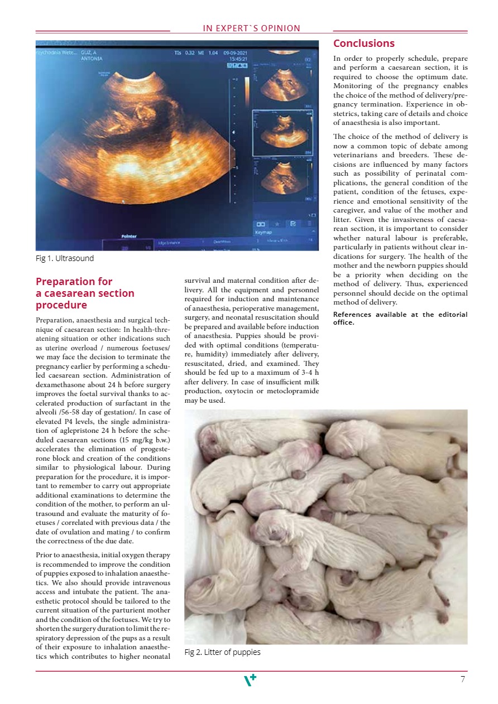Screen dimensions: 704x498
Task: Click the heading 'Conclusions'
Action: pos(363,44)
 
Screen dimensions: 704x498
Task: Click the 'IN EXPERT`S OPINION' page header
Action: pos(251,28)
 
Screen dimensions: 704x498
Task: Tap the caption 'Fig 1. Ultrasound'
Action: pos(65,258)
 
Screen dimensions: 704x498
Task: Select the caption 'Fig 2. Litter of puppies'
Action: pos(222,652)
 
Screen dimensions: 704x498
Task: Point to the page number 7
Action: pos(463,679)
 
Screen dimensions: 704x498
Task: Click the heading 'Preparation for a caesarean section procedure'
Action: pos(85,293)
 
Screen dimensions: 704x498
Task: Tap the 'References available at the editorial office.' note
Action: pos(400,318)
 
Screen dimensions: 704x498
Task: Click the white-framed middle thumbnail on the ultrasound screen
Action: pos(281,132)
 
